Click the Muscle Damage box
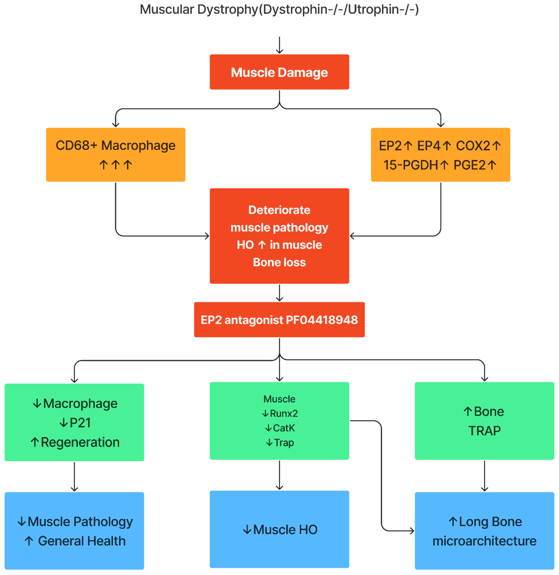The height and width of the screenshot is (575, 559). [279, 72]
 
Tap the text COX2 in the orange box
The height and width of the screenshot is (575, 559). [473, 146]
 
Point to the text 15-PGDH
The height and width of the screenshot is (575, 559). [411, 165]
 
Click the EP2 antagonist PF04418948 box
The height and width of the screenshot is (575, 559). [279, 320]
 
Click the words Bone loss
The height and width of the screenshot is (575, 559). [279, 262]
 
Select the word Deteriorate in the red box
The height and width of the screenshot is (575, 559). [279, 210]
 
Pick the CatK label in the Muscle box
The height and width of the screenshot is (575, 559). [284, 428]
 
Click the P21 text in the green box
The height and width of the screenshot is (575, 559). [80, 423]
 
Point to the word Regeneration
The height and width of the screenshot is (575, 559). [80, 442]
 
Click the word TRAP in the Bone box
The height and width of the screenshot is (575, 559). [484, 431]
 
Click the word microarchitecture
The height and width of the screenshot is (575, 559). [484, 541]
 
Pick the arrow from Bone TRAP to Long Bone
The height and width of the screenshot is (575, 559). [484, 475]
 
